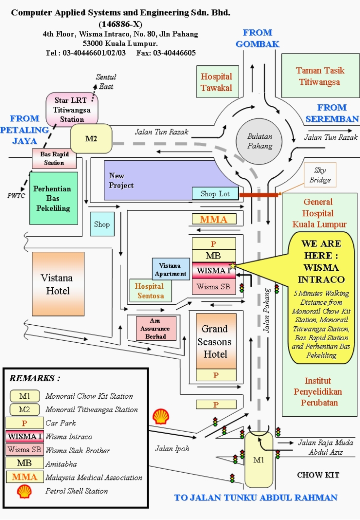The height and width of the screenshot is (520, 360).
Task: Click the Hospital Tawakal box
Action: click(216, 82)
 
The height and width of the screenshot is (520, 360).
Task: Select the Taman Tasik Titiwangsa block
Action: click(318, 76)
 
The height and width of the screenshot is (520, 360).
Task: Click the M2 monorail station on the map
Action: click(91, 138)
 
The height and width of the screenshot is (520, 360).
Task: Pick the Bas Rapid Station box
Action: click(54, 158)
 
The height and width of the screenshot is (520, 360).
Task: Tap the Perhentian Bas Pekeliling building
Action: click(53, 198)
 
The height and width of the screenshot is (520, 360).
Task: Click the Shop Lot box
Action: click(215, 194)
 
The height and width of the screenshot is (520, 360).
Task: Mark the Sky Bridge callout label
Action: click(320, 175)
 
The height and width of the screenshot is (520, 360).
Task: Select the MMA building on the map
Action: click(213, 219)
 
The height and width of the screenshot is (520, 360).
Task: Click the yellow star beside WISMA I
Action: click(232, 266)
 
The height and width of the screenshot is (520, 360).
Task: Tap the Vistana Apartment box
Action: click(170, 269)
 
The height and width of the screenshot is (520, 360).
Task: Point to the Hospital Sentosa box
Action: click(150, 290)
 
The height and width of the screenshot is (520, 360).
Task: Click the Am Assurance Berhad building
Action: click(156, 328)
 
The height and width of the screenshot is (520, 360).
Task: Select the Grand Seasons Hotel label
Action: click(215, 341)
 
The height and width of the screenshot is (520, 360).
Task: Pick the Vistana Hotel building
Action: click(58, 284)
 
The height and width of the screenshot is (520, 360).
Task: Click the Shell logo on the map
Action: click(160, 416)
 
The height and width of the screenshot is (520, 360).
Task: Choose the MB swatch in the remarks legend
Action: click(24, 463)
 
